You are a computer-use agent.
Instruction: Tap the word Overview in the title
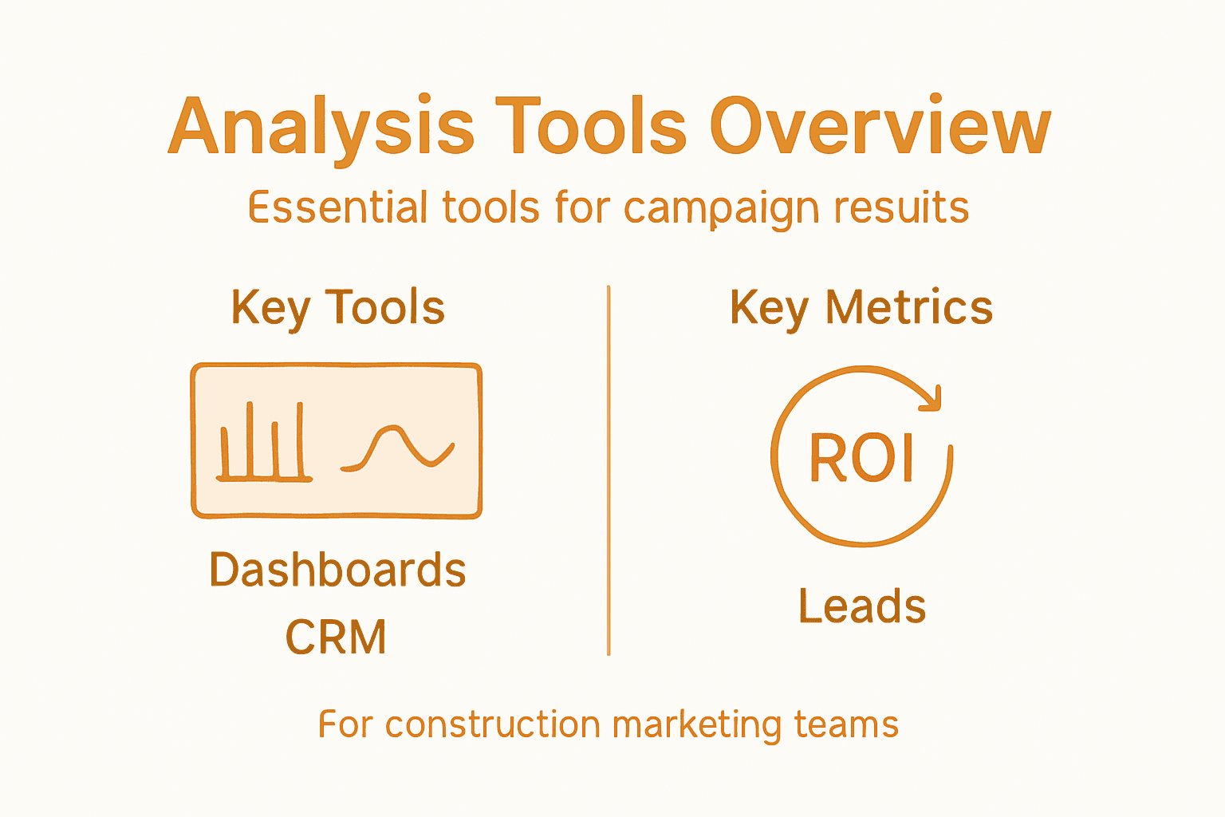click(x=880, y=128)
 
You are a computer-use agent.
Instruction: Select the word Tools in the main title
click(x=590, y=128)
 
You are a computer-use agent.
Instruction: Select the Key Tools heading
click(x=337, y=308)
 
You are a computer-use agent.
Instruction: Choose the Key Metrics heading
click(x=861, y=308)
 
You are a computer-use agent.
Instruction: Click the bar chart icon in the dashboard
click(x=263, y=442)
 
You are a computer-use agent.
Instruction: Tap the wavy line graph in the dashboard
click(x=399, y=448)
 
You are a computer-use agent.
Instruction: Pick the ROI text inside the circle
click(x=861, y=458)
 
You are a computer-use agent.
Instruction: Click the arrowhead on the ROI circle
click(x=932, y=400)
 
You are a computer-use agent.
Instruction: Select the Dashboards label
click(x=337, y=570)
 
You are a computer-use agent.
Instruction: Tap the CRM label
click(x=336, y=637)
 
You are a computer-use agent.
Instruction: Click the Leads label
click(x=862, y=606)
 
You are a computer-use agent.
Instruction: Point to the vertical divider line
click(x=609, y=471)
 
